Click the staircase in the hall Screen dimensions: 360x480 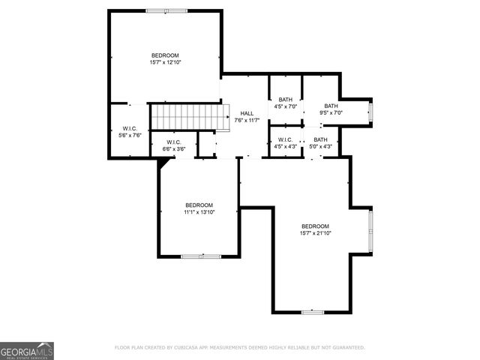(x=187, y=116)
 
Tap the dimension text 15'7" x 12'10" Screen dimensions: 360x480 (x=165, y=62)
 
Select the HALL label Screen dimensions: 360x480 (x=247, y=113)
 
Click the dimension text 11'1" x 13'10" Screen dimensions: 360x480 (x=199, y=212)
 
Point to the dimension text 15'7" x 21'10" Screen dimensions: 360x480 (x=315, y=233)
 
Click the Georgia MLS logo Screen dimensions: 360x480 (x=27, y=350)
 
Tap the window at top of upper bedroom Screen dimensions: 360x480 (x=166, y=10)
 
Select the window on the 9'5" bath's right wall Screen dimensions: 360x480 (x=370, y=112)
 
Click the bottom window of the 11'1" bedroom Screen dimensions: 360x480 (x=201, y=256)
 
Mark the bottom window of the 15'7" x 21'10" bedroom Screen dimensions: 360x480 (x=312, y=311)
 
